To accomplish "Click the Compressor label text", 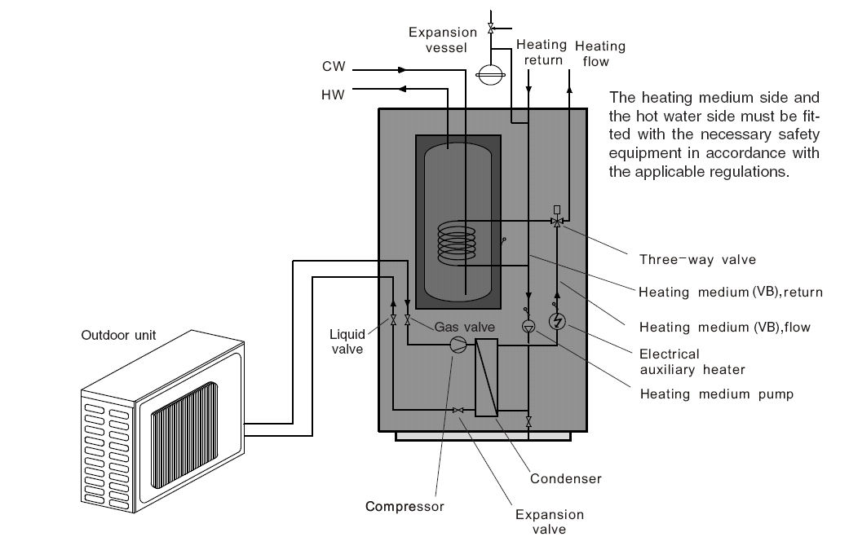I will (x=405, y=506).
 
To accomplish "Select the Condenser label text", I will (x=565, y=478).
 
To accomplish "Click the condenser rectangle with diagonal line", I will (x=487, y=377).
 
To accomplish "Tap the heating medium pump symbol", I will (x=528, y=326).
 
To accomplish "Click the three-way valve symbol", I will (x=558, y=221).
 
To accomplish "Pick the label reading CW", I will (x=333, y=68).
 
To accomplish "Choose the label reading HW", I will (x=333, y=95).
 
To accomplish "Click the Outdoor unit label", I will (x=118, y=335).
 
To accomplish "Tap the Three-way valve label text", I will (x=696, y=260).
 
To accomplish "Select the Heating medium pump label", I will (x=716, y=394).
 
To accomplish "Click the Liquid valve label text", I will (x=347, y=341).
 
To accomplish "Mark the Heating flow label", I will (x=599, y=53).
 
